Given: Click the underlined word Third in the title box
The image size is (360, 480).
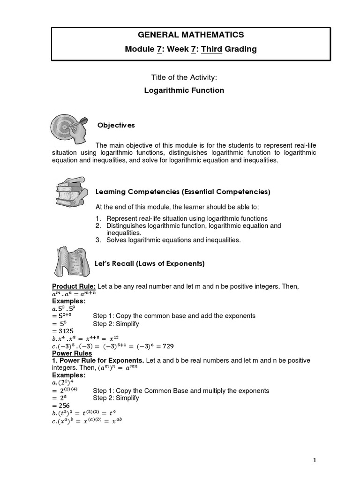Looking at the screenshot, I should pos(211,49).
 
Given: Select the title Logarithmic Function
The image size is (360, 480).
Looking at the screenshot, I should pos(184,90).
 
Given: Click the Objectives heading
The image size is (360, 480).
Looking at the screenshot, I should pos(116,125).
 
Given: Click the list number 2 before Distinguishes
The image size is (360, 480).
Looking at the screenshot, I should pos(98,226).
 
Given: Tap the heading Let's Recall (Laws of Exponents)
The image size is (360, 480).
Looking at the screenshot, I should pos(150,264).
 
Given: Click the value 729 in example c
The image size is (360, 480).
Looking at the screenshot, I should pos(167,346).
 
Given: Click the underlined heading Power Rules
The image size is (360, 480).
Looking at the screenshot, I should pos(72,353).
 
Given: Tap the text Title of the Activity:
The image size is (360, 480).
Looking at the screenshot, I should pos(184,77).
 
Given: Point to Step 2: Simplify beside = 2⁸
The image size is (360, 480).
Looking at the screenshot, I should pos(116,398).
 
